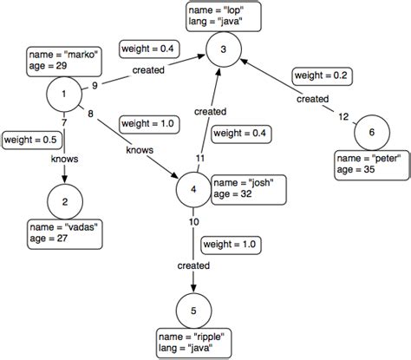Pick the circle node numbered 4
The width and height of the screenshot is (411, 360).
click(x=192, y=188)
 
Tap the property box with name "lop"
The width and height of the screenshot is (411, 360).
click(x=224, y=15)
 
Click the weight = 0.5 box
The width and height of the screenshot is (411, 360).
click(x=31, y=139)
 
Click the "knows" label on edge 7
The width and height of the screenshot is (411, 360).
click(x=66, y=159)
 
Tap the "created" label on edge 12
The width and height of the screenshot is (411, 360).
click(x=312, y=99)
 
